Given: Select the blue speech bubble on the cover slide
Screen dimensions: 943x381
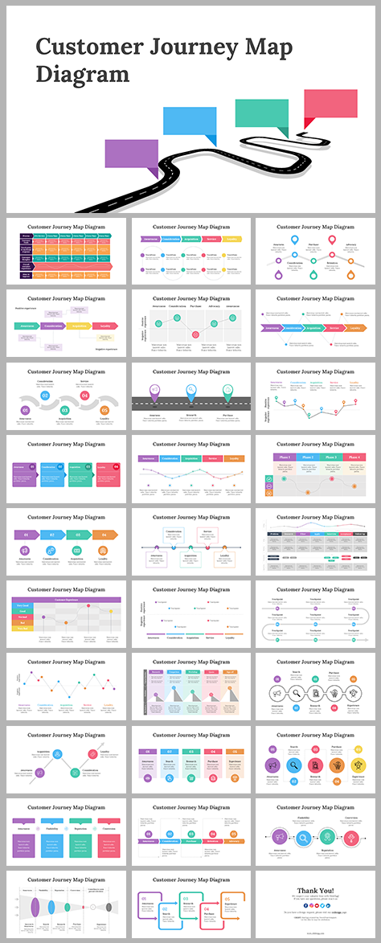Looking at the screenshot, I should [x=190, y=121].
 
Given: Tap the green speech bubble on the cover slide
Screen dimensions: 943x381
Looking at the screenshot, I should [x=261, y=113].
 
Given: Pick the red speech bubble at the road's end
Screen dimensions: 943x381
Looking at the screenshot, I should [x=330, y=102].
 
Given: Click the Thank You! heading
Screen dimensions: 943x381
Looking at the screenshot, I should [x=316, y=890].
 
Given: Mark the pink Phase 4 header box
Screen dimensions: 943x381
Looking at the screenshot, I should [x=355, y=457].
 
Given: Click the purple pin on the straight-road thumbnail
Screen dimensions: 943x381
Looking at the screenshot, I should [x=154, y=391].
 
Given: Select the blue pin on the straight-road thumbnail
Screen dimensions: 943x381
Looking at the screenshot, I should [x=190, y=391].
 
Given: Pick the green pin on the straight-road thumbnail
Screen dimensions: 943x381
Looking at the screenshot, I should [x=227, y=391].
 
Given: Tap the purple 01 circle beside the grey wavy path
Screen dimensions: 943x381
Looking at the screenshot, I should [x=26, y=410].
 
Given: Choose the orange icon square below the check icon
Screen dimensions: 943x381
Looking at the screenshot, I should [x=269, y=489].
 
